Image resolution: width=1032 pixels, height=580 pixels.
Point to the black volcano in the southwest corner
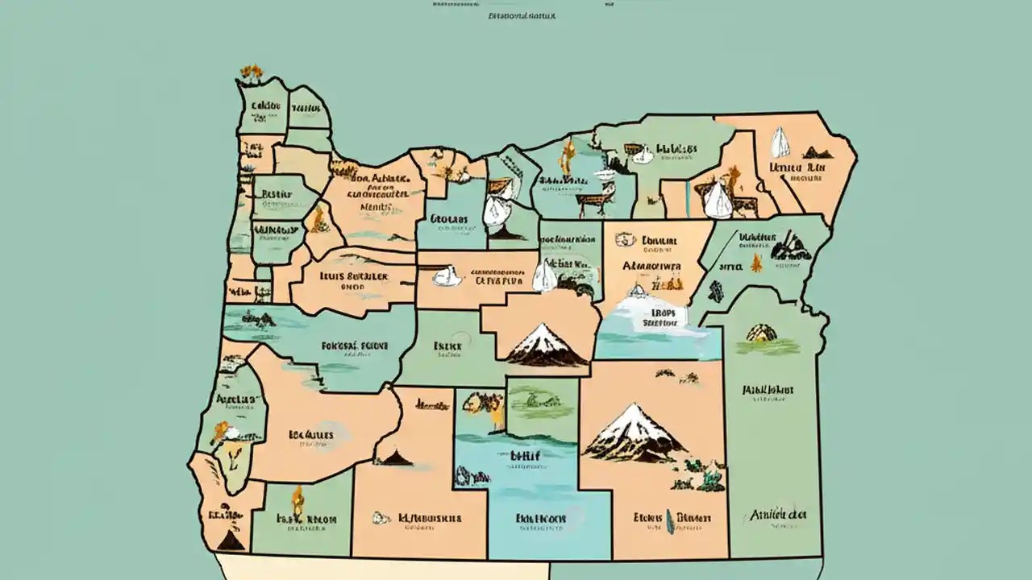click(x=229, y=539)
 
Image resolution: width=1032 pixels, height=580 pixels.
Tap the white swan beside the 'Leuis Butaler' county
click(x=445, y=276)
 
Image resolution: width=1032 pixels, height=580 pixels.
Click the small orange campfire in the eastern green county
click(x=755, y=263)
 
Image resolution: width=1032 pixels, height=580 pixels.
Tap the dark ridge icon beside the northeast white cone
click(x=816, y=151)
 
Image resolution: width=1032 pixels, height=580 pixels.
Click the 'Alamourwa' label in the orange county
click(x=651, y=265)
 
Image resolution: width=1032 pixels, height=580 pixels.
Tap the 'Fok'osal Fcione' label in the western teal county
click(x=356, y=346)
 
